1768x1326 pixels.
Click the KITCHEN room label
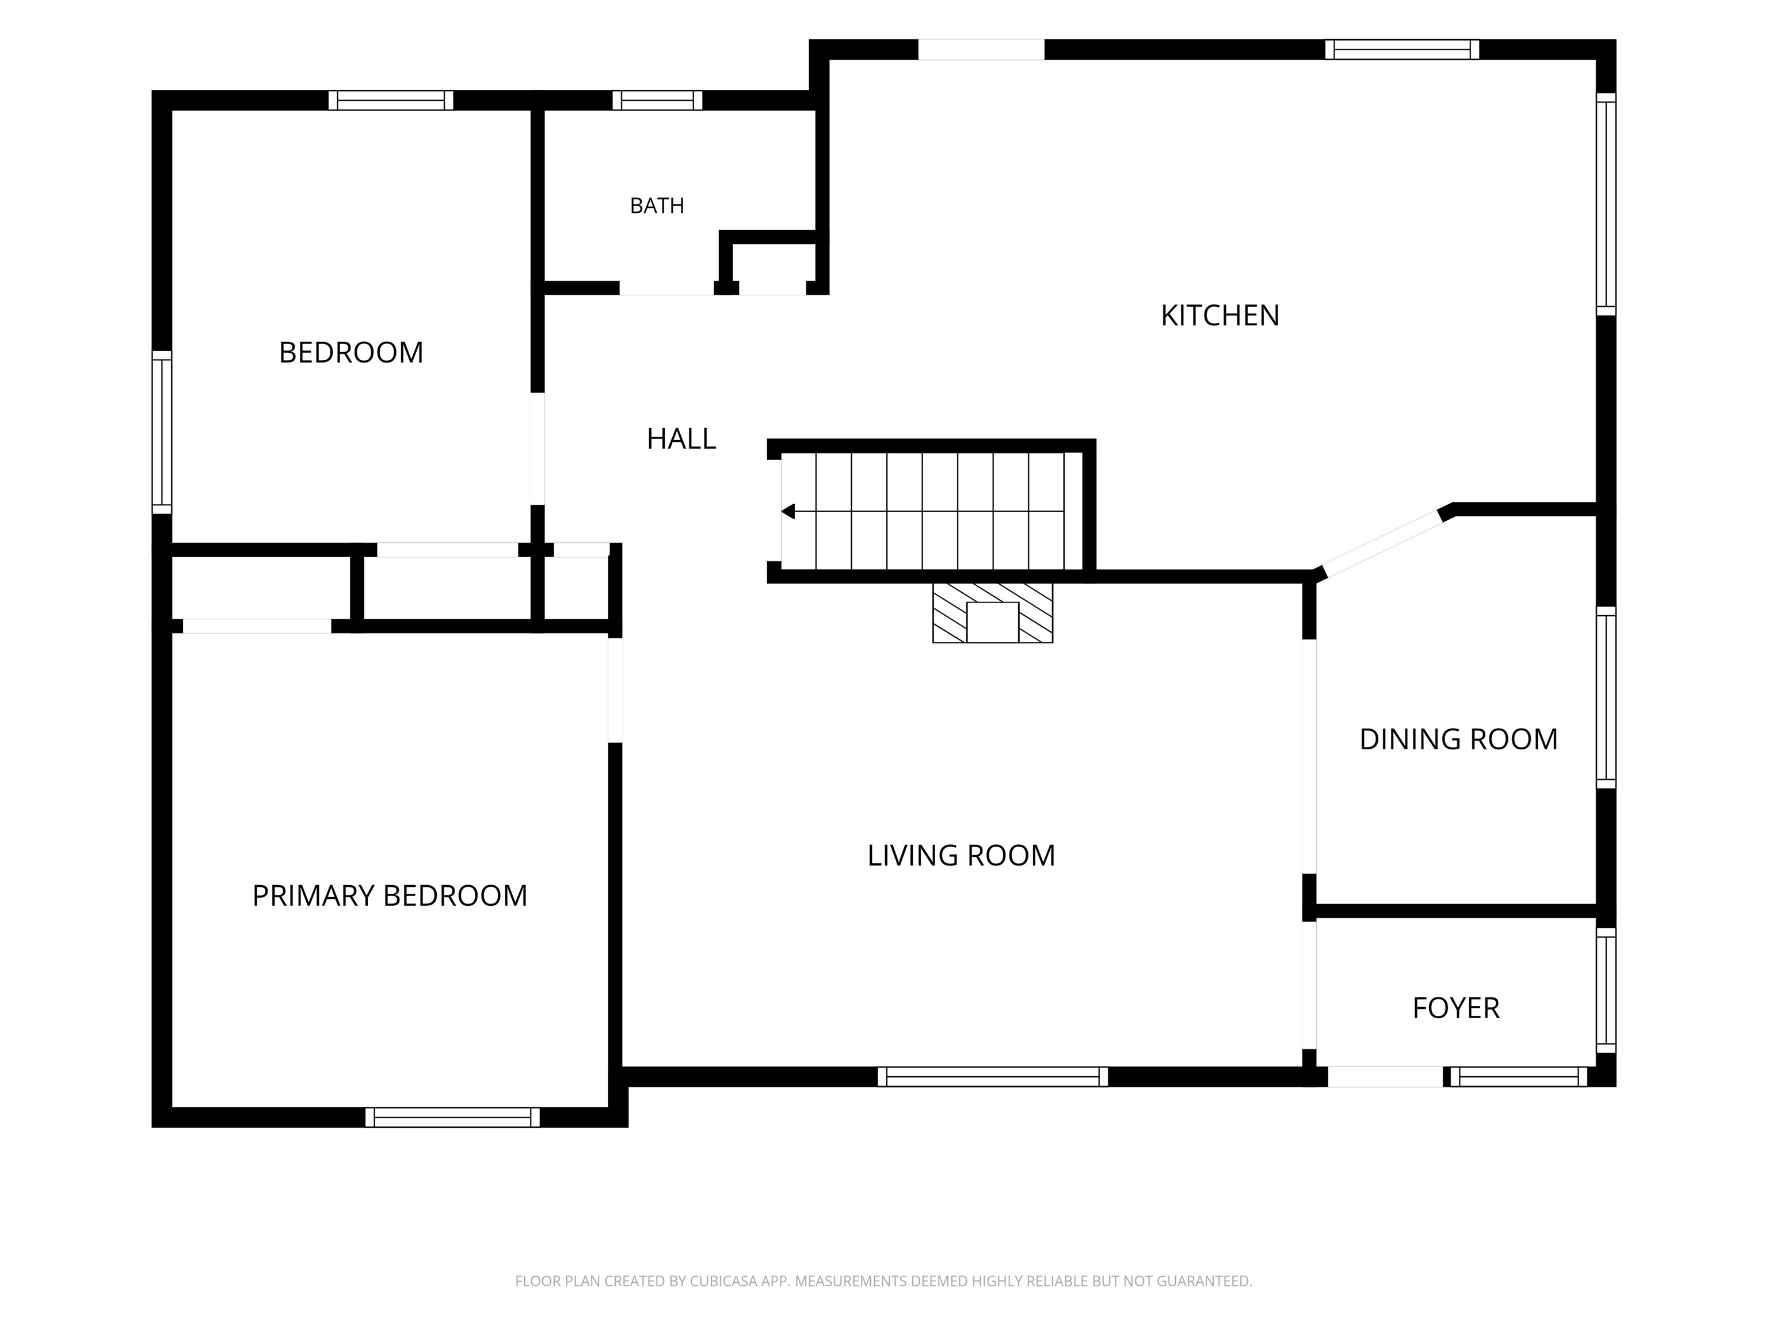click(x=1220, y=316)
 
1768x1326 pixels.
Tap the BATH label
click(x=657, y=206)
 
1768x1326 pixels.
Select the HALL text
click(x=681, y=439)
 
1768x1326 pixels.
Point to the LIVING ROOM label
click(x=961, y=856)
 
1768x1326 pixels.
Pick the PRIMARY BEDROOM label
click(x=389, y=896)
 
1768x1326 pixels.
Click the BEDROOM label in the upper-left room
click(x=351, y=352)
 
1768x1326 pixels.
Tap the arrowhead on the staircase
click(x=788, y=512)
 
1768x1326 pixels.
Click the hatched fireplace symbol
click(x=993, y=613)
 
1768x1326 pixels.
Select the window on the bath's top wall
click(x=657, y=101)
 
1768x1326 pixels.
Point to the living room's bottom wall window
click(x=993, y=1077)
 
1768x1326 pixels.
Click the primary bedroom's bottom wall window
click(x=452, y=1118)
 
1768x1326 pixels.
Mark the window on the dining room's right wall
click(x=1606, y=697)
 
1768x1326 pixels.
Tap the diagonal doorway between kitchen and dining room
click(x=1384, y=542)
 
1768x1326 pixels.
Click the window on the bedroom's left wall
click(x=162, y=432)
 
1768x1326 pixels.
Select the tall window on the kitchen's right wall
click(x=1606, y=205)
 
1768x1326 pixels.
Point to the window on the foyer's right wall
click(x=1606, y=990)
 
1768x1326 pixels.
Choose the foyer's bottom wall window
click(x=1519, y=1077)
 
